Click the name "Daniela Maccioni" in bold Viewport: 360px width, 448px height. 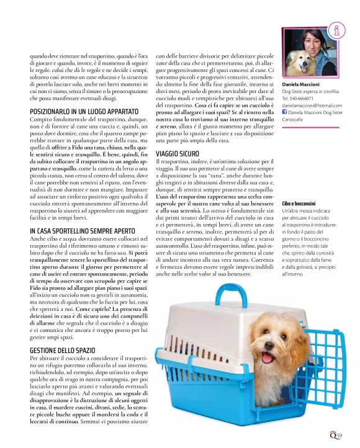tap(301, 83)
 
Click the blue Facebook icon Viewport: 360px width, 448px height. tap(284, 112)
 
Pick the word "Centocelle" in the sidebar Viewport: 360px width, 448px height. tap(295, 120)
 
